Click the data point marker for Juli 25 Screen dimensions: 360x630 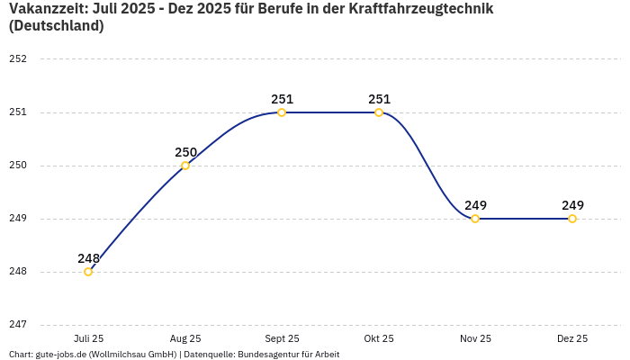(x=88, y=272)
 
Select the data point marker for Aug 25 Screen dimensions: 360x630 (x=185, y=166)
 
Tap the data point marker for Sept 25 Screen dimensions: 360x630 (x=282, y=112)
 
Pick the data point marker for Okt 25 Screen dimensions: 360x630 (x=379, y=112)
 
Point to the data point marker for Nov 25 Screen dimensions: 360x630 (x=475, y=219)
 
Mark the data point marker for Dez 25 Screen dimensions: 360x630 (x=572, y=219)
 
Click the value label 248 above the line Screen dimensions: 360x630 (x=88, y=258)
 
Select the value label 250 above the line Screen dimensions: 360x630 (x=185, y=152)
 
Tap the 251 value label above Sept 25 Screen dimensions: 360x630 (x=282, y=99)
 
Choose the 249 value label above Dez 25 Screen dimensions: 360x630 (x=572, y=205)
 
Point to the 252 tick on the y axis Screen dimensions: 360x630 (x=18, y=59)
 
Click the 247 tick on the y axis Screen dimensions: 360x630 (x=18, y=325)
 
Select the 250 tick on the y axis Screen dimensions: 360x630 (x=18, y=166)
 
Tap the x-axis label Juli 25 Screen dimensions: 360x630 (x=88, y=339)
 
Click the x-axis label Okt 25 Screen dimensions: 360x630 (x=379, y=339)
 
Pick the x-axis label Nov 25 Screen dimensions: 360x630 (x=475, y=339)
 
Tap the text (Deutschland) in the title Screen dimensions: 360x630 (x=56, y=26)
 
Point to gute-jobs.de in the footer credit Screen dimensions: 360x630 (x=60, y=355)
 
